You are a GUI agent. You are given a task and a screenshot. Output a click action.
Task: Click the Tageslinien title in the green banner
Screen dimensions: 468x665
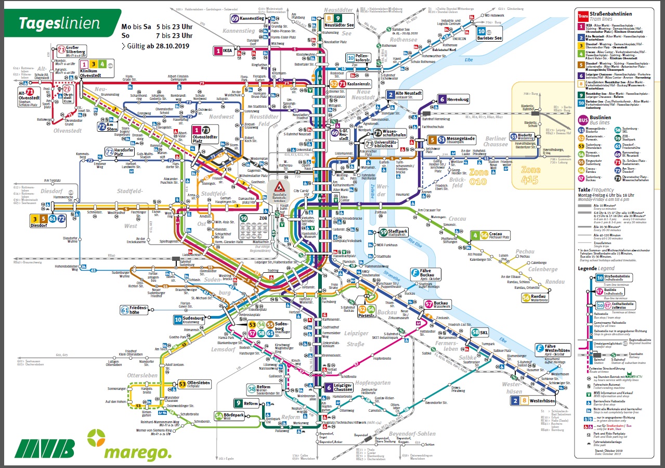click(59, 23)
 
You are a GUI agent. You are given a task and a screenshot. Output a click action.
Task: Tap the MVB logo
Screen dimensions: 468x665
click(45, 448)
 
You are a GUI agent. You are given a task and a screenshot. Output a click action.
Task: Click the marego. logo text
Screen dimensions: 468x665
click(137, 453)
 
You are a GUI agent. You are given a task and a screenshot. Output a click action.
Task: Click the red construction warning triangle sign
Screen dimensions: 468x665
click(279, 187)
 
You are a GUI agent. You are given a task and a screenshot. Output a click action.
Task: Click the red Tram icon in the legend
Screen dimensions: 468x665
click(583, 16)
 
